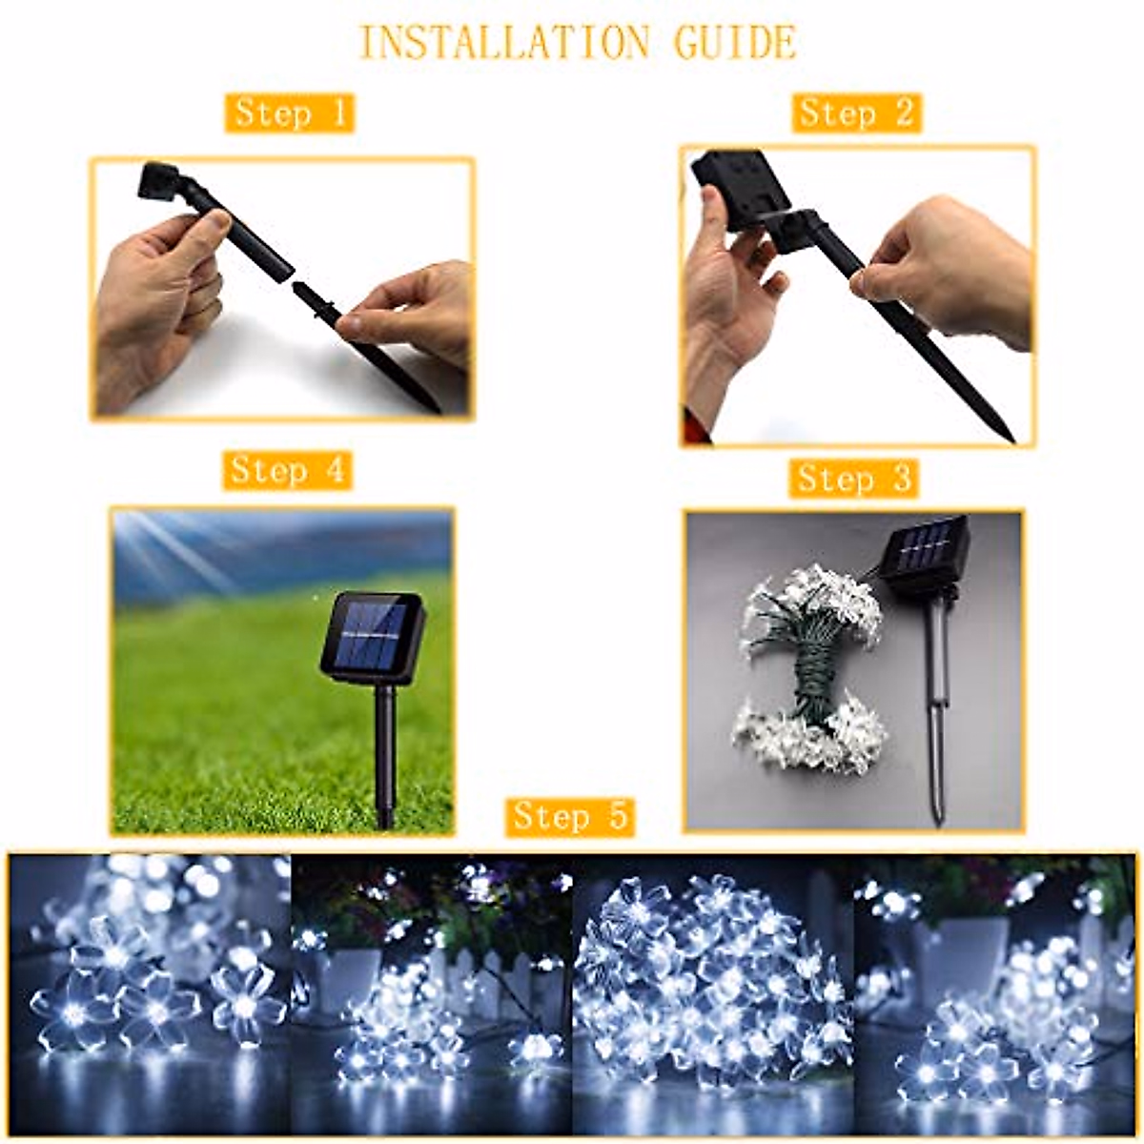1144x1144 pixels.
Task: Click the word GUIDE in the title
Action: pyautogui.click(x=735, y=43)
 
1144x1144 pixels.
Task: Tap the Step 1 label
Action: pyautogui.click(x=290, y=112)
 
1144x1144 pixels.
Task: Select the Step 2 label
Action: pyautogui.click(x=855, y=112)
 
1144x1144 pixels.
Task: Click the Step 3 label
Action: pyautogui.click(x=853, y=478)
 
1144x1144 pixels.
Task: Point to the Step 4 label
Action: pyautogui.click(x=287, y=470)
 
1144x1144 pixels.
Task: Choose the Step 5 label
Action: pyautogui.click(x=570, y=816)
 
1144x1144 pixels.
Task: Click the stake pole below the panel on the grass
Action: pyautogui.click(x=385, y=753)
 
